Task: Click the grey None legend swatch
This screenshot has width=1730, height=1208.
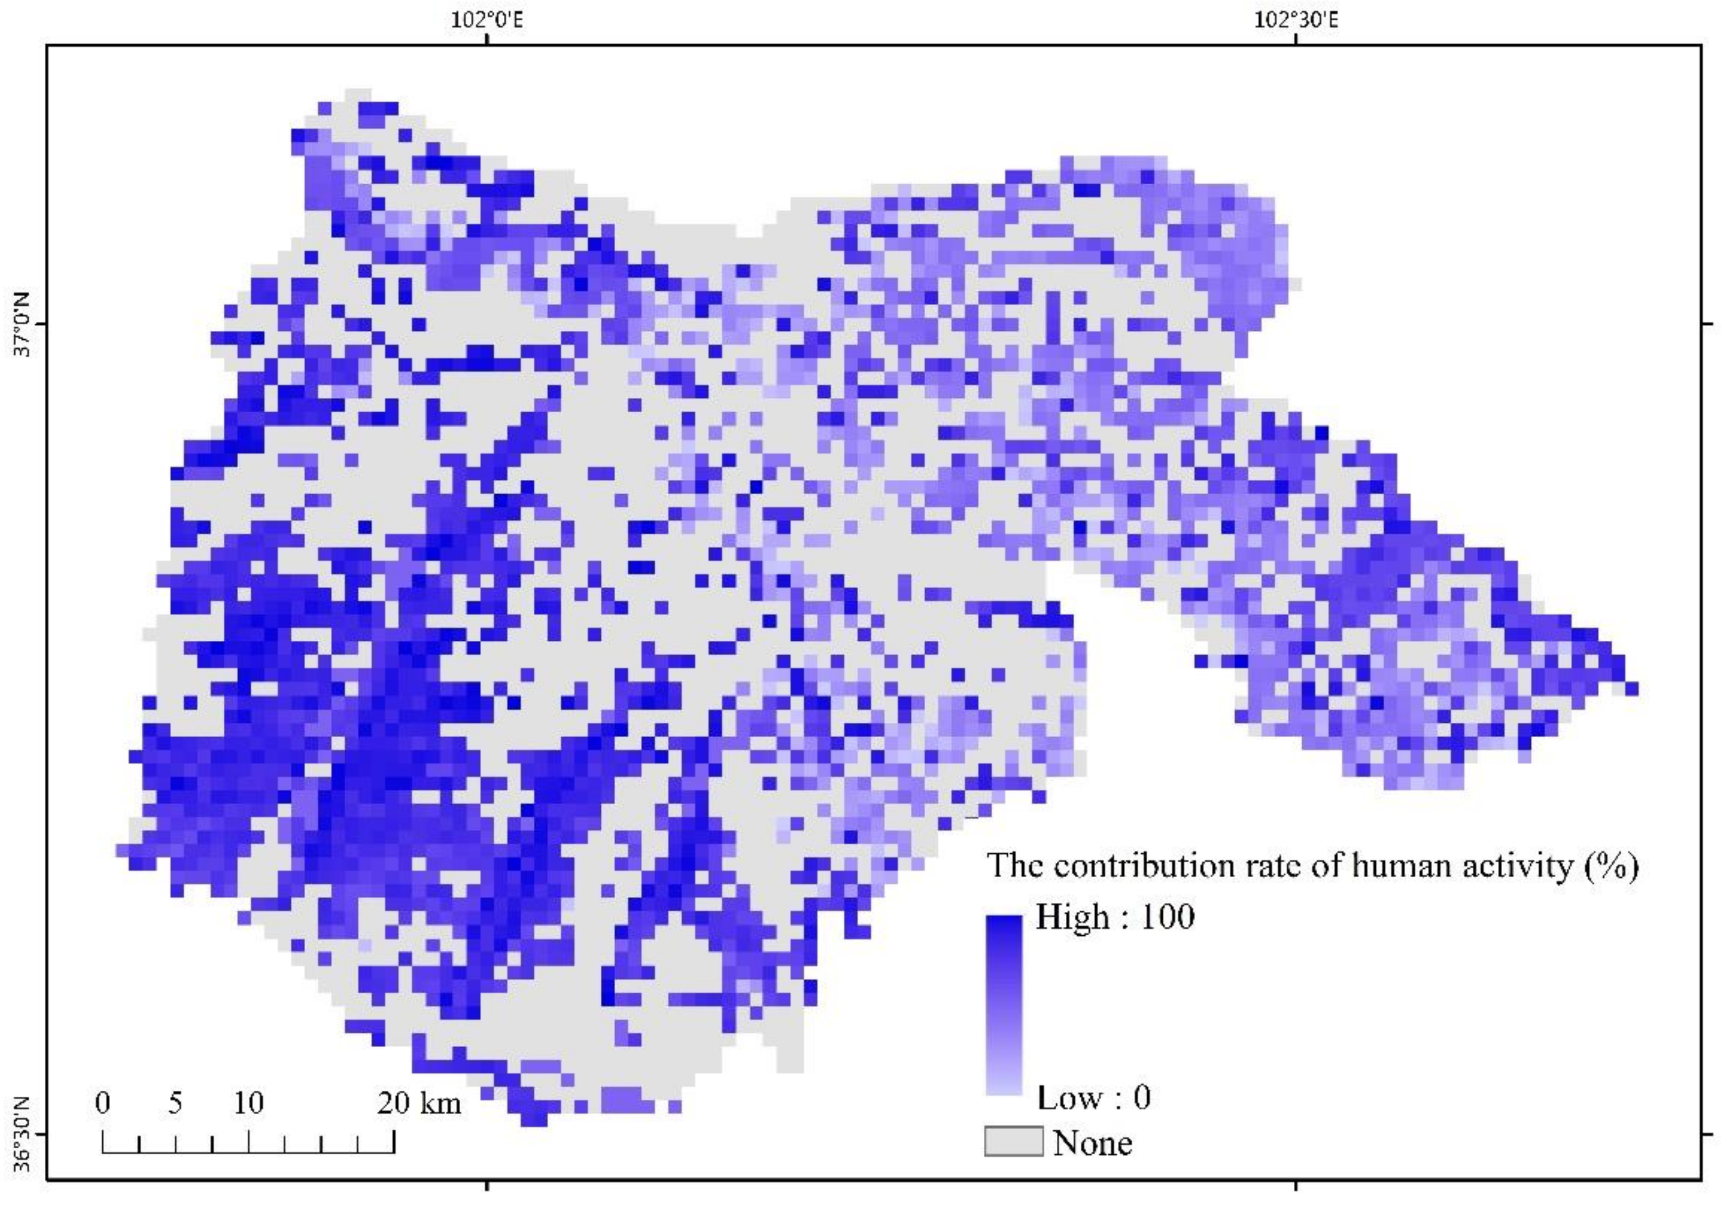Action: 1014,1141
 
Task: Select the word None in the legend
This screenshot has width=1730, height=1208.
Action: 1092,1143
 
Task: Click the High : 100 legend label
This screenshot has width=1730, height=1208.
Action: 1115,917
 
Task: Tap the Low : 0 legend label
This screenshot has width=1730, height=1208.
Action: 1094,1097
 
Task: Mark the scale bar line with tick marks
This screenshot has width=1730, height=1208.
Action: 249,1150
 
